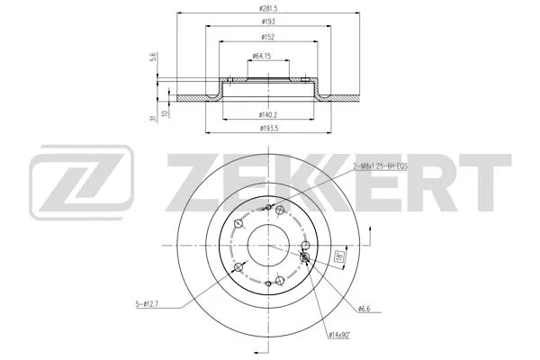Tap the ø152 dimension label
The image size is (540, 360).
[268, 38]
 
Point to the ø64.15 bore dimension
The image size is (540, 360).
[263, 57]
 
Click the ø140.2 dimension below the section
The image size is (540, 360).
[267, 114]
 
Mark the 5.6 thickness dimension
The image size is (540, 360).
[152, 58]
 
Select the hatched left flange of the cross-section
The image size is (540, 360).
[193, 97]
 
